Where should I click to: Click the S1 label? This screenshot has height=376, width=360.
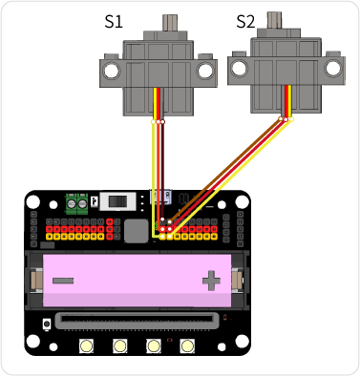(113, 20)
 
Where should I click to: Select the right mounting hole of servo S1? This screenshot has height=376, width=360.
(203, 71)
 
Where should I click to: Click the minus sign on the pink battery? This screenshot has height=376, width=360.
(64, 281)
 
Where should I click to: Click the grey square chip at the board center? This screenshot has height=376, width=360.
(136, 229)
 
